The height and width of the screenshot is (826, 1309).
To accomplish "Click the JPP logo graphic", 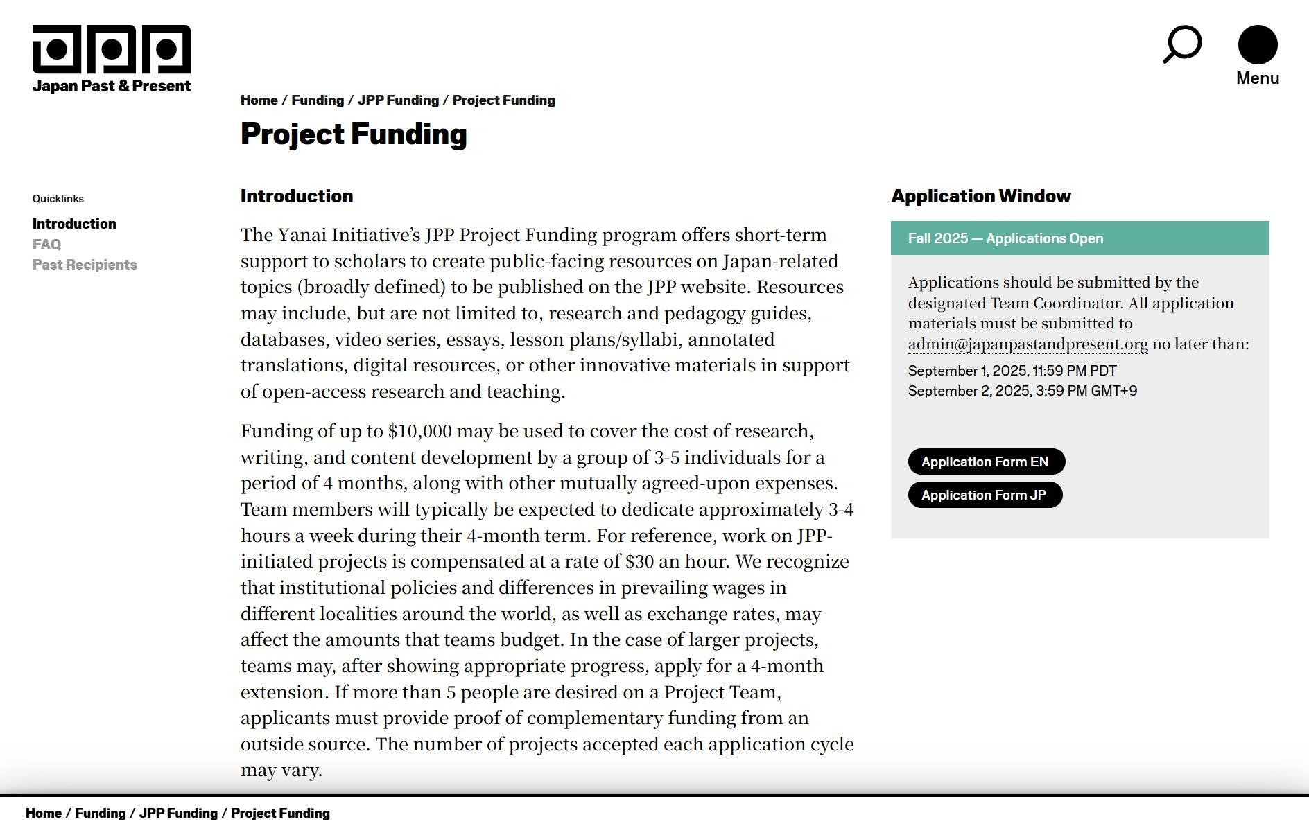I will click(111, 49).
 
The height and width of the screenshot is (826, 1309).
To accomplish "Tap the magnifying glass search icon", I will click(1181, 44).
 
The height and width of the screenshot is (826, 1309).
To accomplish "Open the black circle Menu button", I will click(1257, 45).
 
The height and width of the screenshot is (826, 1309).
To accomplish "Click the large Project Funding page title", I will click(354, 134).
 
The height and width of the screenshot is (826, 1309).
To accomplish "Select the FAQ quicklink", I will click(46, 245).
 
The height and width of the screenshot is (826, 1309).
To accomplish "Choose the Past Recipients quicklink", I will click(85, 265).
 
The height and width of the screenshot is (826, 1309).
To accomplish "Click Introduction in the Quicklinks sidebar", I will click(74, 224).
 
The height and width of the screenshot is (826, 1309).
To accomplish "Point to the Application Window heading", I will click(980, 196).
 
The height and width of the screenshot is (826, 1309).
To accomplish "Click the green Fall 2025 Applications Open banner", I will click(1079, 238).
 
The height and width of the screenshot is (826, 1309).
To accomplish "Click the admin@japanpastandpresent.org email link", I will click(1028, 344).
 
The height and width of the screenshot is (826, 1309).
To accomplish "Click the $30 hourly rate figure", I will click(639, 562).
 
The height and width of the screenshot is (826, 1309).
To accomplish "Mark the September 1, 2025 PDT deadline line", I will click(1012, 371).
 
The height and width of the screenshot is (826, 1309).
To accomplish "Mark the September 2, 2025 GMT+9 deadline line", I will click(1022, 391).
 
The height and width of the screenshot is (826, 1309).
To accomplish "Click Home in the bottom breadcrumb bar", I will click(44, 813).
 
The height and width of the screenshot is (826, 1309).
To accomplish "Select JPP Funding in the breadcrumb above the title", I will click(398, 100).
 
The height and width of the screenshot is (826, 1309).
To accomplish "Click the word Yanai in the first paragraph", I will click(302, 236).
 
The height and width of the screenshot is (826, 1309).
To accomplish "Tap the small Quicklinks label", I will click(58, 199).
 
